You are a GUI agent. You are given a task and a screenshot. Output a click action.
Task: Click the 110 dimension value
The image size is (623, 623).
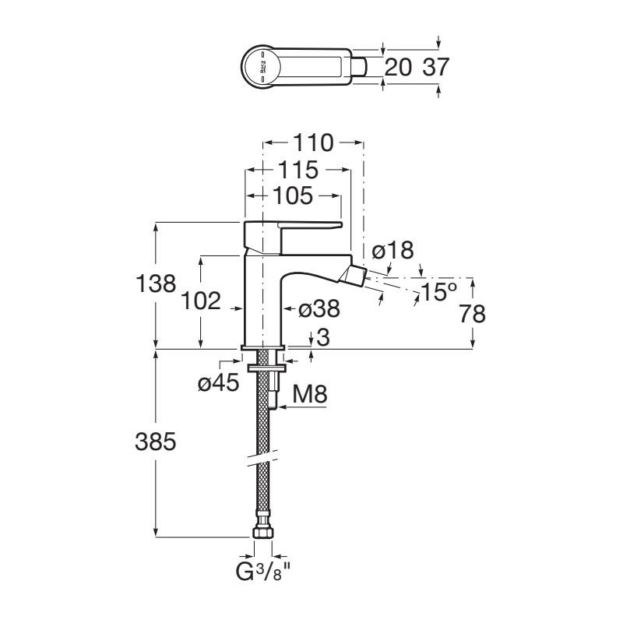(x=313, y=143)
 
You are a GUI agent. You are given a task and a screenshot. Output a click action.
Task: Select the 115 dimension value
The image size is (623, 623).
(x=298, y=170)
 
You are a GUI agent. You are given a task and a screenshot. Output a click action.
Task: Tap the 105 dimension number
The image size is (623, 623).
(x=293, y=196)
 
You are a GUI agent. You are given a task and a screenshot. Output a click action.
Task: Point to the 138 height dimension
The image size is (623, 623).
(x=156, y=283)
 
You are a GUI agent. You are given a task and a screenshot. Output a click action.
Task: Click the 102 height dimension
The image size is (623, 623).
(x=201, y=301)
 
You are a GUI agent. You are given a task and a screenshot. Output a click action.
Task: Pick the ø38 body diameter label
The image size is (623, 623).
(x=319, y=308)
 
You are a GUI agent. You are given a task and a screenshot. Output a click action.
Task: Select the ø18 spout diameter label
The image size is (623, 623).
(x=393, y=251)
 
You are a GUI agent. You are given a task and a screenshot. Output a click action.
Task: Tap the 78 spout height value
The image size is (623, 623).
(x=473, y=314)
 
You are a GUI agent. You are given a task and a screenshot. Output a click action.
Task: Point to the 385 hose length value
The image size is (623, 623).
(x=155, y=442)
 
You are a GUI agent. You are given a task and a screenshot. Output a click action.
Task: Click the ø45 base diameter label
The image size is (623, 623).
(x=219, y=383)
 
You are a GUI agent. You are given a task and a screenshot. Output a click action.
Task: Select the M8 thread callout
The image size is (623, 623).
(x=310, y=395)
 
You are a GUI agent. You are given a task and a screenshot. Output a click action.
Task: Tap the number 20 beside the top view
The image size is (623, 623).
(x=398, y=67)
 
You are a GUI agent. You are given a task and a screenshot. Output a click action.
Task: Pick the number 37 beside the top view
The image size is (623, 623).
(x=435, y=67)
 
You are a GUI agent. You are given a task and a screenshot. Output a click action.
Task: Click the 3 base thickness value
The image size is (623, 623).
(x=324, y=338)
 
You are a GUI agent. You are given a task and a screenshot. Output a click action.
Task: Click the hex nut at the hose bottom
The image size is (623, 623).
(x=263, y=532)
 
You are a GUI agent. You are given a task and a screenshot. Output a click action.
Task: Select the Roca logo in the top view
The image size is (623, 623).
(x=262, y=67)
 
